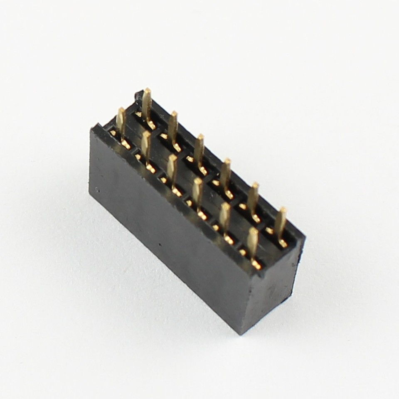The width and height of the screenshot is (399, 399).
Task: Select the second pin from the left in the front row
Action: (145, 148)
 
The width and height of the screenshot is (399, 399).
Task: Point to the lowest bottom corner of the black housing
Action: (241, 332)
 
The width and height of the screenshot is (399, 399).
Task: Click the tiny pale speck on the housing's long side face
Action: (97, 190)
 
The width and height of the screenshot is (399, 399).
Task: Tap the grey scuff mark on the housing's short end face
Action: (271, 286)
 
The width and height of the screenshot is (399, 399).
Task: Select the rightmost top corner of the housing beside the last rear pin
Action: (304, 239)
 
